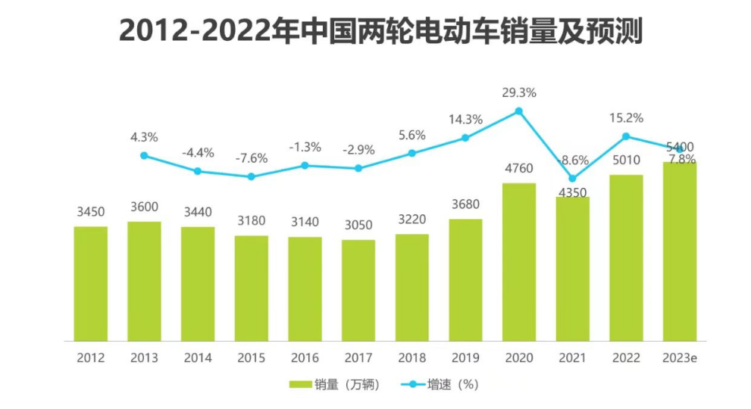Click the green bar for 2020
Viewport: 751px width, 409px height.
pos(519,261)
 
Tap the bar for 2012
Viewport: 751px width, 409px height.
pos(91,283)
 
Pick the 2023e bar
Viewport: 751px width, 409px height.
pos(680,251)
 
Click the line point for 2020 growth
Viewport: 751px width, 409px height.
pos(519,111)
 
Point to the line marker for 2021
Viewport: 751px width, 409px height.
pos(573,179)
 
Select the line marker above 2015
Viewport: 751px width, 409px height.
pos(252,176)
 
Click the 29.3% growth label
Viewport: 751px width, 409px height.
pos(519,93)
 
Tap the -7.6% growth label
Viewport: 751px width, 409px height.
pos(251,158)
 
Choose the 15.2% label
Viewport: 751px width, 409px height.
pos(626,118)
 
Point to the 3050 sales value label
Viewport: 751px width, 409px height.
pos(358,225)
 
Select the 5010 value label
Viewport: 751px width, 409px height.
pos(626,160)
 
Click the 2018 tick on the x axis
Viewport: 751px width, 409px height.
pos(411,357)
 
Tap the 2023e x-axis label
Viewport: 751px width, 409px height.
pos(680,357)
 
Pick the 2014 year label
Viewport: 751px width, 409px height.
pos(198,357)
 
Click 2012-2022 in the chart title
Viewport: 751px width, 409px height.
pos(199,32)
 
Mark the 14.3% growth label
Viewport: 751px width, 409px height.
pos(465,119)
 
